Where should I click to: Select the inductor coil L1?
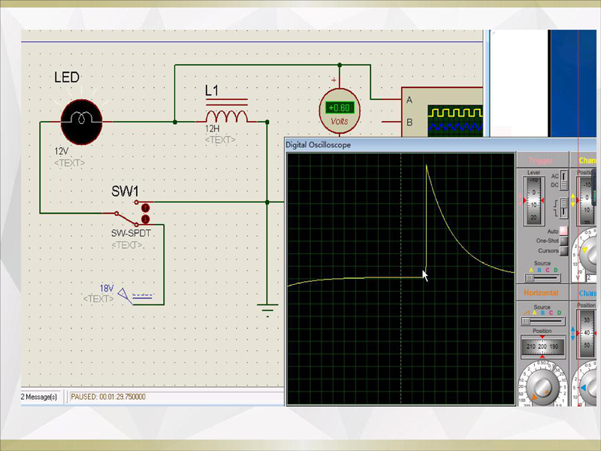tap(226, 117)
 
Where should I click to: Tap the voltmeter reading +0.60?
tap(340, 108)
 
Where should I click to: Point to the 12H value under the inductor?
tap(213, 129)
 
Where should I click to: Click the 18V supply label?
tap(106, 289)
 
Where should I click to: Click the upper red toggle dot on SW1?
tap(146, 207)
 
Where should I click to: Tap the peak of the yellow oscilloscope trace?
tap(427, 165)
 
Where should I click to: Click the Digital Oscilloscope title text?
tap(319, 145)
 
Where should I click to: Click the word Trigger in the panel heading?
tap(540, 161)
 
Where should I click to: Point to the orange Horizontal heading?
tap(540, 292)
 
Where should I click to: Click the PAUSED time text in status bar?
tap(108, 397)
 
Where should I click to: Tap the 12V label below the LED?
tap(62, 151)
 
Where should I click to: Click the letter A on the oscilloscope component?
tap(409, 100)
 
